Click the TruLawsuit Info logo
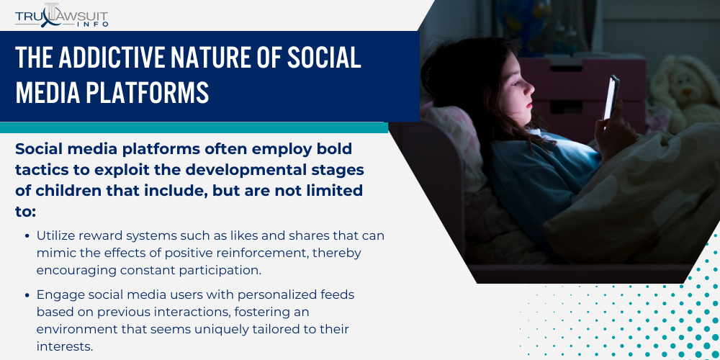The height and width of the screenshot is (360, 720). (x=61, y=15)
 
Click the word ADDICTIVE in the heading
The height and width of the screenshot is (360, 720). (x=112, y=58)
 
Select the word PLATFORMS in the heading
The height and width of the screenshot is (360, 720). (x=147, y=92)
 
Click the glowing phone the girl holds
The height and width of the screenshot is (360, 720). (x=611, y=96)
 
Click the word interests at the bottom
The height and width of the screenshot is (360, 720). (x=64, y=346)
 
